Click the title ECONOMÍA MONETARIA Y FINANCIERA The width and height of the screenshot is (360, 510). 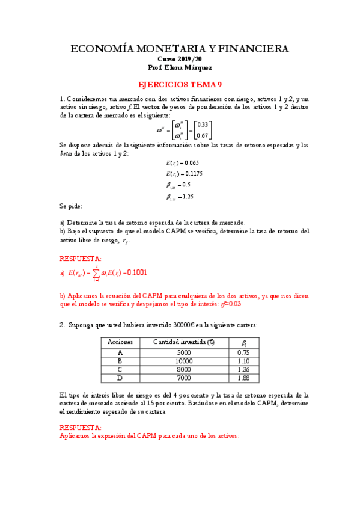180,49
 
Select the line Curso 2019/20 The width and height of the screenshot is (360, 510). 180,60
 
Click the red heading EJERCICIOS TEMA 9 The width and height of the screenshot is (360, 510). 180,85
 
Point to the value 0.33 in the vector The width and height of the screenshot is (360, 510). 203,124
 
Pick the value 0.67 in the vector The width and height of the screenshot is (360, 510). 203,135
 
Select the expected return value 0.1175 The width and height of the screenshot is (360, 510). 193,174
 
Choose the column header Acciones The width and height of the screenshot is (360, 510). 120,342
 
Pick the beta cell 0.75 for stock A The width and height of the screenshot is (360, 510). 243,352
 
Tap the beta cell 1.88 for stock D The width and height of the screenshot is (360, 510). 243,378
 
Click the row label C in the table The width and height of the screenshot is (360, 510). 120,369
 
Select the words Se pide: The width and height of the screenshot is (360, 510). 72,206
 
